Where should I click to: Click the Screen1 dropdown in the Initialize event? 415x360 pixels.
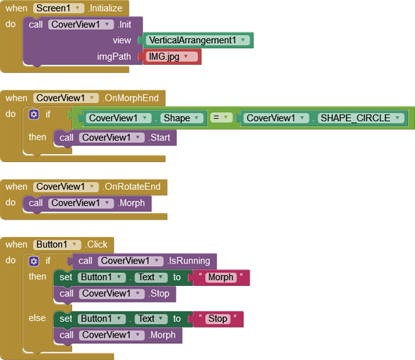(58, 8)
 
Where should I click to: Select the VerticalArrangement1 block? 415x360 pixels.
(198, 40)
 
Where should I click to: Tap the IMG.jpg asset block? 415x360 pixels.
(172, 57)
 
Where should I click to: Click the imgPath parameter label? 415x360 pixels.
(114, 57)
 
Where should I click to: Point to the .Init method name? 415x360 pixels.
(124, 24)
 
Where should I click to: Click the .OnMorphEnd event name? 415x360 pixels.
(130, 98)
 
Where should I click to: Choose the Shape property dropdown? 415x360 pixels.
(181, 118)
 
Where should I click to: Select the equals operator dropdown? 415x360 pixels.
(222, 117)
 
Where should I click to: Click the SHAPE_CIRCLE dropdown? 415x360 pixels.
(361, 118)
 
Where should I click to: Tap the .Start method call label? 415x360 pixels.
(159, 138)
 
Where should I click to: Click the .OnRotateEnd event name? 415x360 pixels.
(132, 186)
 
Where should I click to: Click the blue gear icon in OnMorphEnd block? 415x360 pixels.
(34, 114)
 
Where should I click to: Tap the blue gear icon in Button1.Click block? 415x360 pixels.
(34, 261)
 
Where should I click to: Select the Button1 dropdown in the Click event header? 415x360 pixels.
(57, 245)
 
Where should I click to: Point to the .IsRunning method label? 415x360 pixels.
(188, 261)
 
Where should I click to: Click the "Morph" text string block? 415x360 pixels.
(221, 277)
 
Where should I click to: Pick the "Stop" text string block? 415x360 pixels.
(218, 319)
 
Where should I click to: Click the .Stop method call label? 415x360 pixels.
(159, 294)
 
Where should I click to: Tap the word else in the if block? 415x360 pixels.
(37, 318)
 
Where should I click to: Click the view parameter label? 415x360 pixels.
(122, 40)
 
